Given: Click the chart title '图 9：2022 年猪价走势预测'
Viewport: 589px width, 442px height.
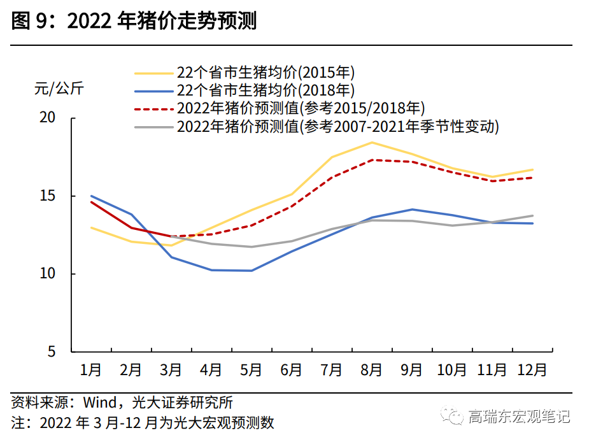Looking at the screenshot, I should (x=134, y=22).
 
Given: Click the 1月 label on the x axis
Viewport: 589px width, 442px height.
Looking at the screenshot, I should (x=91, y=369).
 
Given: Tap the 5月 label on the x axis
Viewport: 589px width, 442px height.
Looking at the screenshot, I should (x=252, y=369).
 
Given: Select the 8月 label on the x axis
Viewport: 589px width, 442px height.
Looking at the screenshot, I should (x=372, y=369).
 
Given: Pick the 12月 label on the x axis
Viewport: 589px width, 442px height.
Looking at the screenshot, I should (x=532, y=369).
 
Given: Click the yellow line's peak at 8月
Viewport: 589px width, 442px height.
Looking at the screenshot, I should (x=372, y=142).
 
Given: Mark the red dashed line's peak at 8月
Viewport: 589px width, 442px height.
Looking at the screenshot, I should (x=372, y=160).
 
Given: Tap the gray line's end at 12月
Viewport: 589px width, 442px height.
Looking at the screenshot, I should (x=532, y=215).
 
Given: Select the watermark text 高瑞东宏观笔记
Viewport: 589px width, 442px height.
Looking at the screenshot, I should (x=519, y=417).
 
